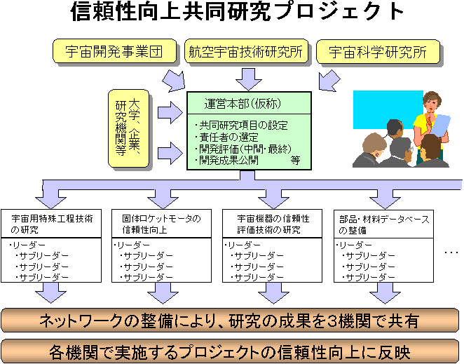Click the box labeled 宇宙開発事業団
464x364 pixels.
pyautogui.click(x=114, y=51)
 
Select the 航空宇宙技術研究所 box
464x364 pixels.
pyautogui.click(x=246, y=51)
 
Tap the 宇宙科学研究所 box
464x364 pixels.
pyautogui.click(x=378, y=51)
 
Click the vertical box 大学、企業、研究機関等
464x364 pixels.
pyautogui.click(x=128, y=128)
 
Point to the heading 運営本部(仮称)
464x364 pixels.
pyautogui.click(x=243, y=104)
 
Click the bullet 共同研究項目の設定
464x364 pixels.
pyautogui.click(x=241, y=126)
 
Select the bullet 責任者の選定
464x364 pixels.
pyautogui.click(x=226, y=137)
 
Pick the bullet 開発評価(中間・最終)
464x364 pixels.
pyautogui.click(x=243, y=149)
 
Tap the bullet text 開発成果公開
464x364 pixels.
pyautogui.click(x=226, y=160)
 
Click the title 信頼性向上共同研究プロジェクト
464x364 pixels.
pyautogui.click(x=237, y=12)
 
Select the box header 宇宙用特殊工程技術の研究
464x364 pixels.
pyautogui.click(x=51, y=224)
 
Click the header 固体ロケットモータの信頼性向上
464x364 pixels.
pyautogui.click(x=162, y=224)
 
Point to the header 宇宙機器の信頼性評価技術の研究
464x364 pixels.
pyautogui.click(x=272, y=224)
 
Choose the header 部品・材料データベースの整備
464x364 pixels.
pyautogui.click(x=384, y=224)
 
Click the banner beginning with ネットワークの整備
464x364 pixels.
pyautogui.click(x=230, y=321)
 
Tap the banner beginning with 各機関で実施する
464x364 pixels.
pyautogui.click(x=230, y=352)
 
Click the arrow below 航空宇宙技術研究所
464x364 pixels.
pyautogui.click(x=249, y=79)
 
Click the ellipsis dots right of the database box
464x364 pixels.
pyautogui.click(x=451, y=252)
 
